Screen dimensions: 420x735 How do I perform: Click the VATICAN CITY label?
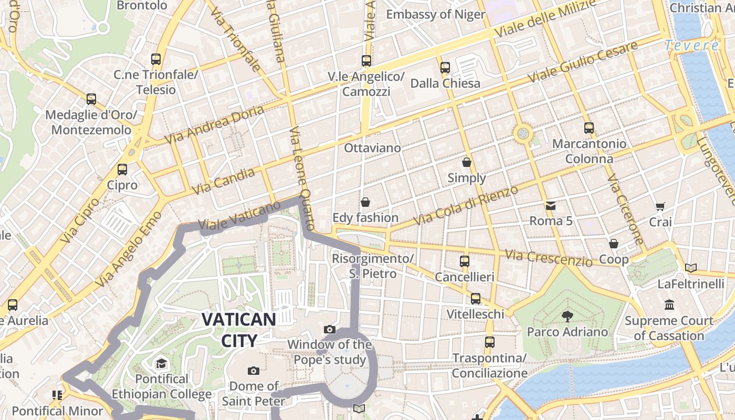(x=239, y=330)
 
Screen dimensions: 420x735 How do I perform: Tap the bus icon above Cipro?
(x=122, y=170)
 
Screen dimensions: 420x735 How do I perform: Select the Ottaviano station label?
(x=372, y=148)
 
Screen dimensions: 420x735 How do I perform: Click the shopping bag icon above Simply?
(x=466, y=162)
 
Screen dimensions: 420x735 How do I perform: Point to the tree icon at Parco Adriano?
(x=567, y=316)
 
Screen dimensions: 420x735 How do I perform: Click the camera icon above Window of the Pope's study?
(x=330, y=330)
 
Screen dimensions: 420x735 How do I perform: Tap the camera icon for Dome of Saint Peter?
(x=254, y=371)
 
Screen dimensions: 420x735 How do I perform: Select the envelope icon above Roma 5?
(x=550, y=205)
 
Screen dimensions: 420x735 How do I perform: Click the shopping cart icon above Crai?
(x=660, y=207)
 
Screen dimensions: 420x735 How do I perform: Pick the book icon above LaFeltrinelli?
(x=690, y=268)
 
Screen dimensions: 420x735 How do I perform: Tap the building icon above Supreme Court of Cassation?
(x=669, y=305)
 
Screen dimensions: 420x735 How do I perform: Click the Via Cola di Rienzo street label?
(x=466, y=205)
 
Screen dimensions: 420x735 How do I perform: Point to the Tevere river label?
(x=691, y=46)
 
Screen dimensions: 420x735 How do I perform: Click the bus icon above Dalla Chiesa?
(x=445, y=68)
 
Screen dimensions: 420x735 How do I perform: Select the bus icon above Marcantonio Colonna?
(x=589, y=128)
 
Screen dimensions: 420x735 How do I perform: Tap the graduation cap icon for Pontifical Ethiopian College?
(x=161, y=363)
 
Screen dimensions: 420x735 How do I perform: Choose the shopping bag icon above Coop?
(x=613, y=244)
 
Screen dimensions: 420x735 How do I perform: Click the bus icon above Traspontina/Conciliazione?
(x=489, y=342)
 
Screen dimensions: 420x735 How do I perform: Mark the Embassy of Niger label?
(x=435, y=14)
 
